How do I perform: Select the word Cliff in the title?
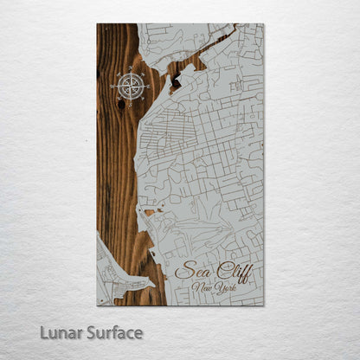231,272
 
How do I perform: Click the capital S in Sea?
181,271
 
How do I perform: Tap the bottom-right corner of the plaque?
263,304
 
